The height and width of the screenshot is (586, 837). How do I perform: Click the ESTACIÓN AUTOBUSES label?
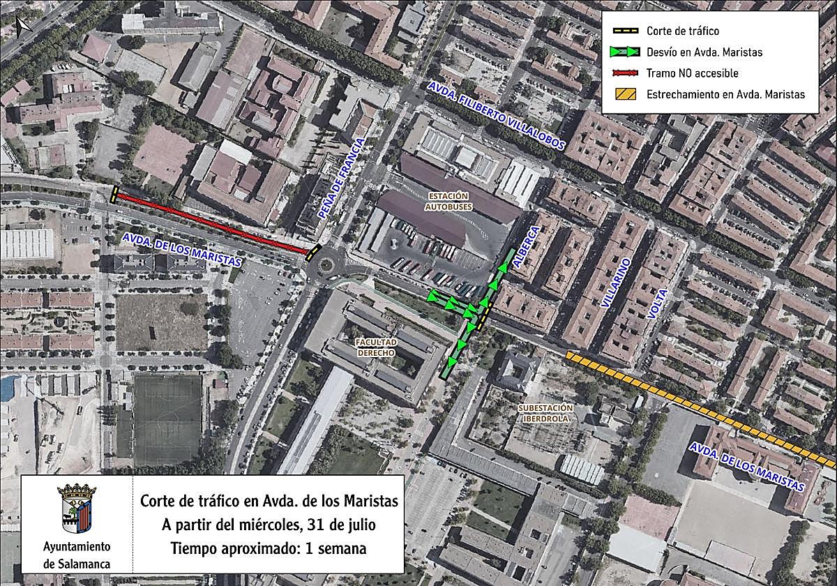448,201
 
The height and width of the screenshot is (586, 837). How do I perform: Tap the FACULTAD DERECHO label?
376,347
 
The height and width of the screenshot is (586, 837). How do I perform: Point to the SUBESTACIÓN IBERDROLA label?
545,412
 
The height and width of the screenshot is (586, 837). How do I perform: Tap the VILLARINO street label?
615,282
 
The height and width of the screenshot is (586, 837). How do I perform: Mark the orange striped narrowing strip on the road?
697,405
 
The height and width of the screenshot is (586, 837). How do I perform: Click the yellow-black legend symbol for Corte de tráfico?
626,31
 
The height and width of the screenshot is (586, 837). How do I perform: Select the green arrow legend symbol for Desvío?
626,52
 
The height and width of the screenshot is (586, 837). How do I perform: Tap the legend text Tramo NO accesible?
692,73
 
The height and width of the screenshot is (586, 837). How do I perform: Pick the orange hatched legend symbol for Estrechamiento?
626,94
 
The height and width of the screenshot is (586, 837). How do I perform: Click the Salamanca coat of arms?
77,509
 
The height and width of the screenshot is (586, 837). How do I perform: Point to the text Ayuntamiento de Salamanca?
77,555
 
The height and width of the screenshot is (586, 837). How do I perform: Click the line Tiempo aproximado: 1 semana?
269,548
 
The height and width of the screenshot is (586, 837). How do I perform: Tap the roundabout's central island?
325,264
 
